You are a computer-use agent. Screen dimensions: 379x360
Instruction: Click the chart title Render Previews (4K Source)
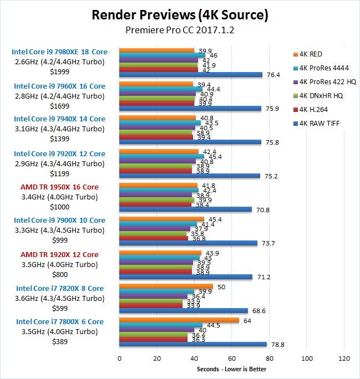[x=180, y=14]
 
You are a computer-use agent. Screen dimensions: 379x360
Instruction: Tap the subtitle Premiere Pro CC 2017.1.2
[x=180, y=31]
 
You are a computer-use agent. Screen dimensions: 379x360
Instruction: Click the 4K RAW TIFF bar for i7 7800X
[x=193, y=344]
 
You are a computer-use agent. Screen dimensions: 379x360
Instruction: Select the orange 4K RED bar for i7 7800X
[x=179, y=320]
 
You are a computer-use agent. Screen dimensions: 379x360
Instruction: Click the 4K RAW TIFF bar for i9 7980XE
[x=191, y=75]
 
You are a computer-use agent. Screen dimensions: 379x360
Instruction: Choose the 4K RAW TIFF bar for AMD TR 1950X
[x=185, y=209]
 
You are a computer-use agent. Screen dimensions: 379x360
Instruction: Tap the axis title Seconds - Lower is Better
[x=231, y=369]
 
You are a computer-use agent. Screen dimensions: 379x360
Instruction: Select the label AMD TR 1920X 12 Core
[x=59, y=254]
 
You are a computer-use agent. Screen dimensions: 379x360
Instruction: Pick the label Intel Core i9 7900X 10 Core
[x=59, y=221]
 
